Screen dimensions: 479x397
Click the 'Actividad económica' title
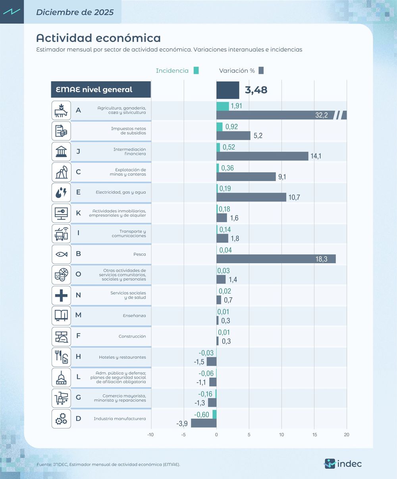point(98,38)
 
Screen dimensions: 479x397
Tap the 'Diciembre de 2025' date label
point(75,12)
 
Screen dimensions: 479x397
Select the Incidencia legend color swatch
point(196,71)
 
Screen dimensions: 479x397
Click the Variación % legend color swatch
point(261,71)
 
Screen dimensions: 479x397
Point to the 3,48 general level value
point(256,90)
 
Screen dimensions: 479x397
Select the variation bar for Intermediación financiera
point(262,156)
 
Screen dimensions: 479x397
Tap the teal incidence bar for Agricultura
point(222,106)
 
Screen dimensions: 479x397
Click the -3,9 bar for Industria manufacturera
point(204,423)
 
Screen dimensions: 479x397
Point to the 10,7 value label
point(294,197)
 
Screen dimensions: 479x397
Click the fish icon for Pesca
point(61,254)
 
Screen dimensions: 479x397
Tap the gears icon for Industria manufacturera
point(61,419)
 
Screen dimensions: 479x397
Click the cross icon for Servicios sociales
point(61,295)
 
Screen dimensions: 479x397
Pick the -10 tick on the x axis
point(150,435)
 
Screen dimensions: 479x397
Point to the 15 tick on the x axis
point(314,435)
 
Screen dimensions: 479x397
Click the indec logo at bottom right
point(343,464)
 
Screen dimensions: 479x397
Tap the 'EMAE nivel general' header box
point(101,90)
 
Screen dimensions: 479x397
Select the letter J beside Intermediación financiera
point(78,151)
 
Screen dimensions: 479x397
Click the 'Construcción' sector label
point(132,336)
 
